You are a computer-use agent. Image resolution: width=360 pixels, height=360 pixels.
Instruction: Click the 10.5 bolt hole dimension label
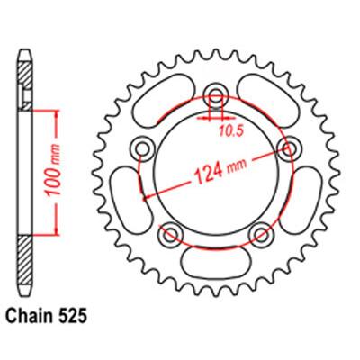(230, 131)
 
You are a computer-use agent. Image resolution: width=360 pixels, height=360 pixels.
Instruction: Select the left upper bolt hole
(142, 148)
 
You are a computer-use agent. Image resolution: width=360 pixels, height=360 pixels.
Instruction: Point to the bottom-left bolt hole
(171, 233)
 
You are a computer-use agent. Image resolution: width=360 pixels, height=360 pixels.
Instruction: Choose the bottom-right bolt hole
(261, 233)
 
